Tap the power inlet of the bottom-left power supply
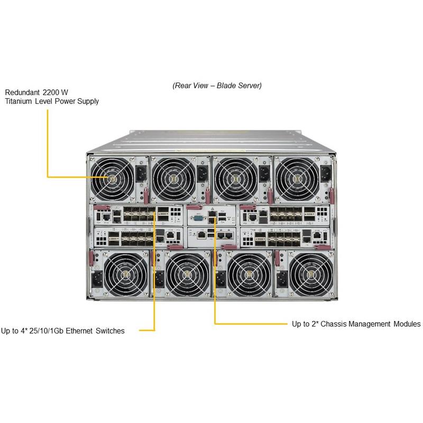97,279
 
